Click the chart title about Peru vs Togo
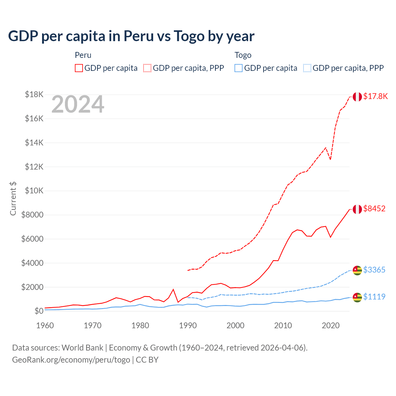(x=131, y=36)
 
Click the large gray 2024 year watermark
(x=78, y=105)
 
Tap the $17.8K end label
(x=375, y=96)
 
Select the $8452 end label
(x=374, y=209)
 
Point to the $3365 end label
(x=374, y=270)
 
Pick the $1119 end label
(x=374, y=297)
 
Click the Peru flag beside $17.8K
(x=357, y=97)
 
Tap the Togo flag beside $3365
(x=357, y=270)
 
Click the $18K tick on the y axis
(x=34, y=94)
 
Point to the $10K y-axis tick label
(x=34, y=191)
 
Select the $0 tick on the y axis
(x=39, y=311)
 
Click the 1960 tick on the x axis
(x=45, y=325)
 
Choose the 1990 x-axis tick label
(x=188, y=325)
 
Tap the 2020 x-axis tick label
(x=331, y=325)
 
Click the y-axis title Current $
(x=13, y=198)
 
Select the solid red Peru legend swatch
(x=79, y=68)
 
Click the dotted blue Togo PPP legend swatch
(x=307, y=68)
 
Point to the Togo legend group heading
(x=243, y=55)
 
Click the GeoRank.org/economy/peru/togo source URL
(x=71, y=360)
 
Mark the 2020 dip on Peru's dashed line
(x=330, y=159)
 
